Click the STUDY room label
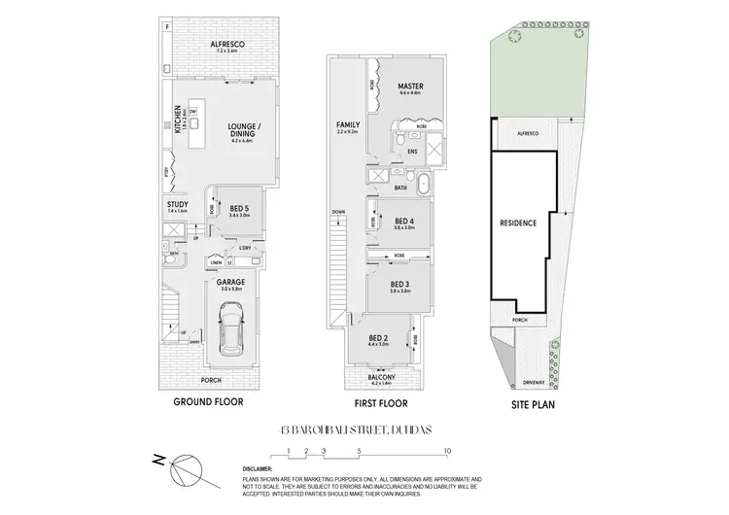tap(177, 204)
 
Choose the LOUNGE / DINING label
tap(241, 127)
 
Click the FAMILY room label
tap(347, 125)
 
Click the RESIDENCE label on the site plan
tap(517, 223)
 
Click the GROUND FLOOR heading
tap(208, 401)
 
